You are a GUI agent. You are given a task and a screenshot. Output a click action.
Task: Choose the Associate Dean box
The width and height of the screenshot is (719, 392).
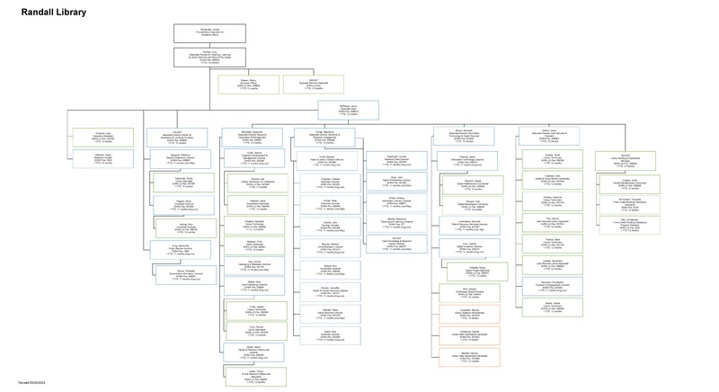coord(348,110)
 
